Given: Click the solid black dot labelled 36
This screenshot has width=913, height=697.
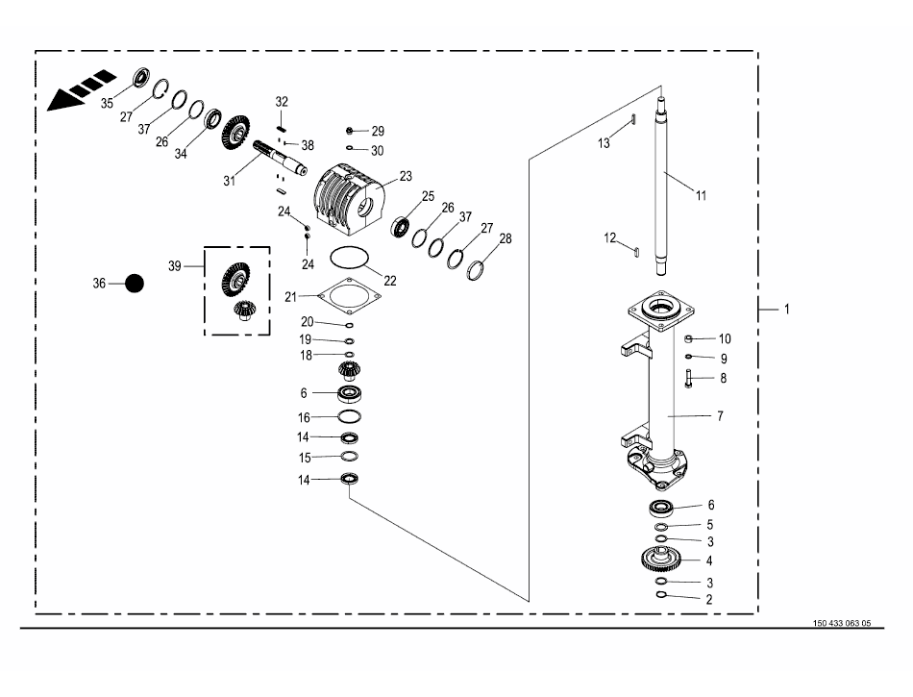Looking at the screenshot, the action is coord(135,284).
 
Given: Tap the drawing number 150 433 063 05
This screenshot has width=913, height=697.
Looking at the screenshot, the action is coord(841,623).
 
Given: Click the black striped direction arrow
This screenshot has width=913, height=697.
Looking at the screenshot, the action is coord(82,89).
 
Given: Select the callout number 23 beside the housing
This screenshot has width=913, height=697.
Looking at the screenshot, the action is coord(406,176).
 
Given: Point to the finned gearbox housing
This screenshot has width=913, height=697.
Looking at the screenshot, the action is coord(348,199).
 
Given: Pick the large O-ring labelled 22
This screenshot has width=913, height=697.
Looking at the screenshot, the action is coord(350,258).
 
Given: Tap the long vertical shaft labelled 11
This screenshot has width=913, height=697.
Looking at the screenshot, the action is coord(662,187).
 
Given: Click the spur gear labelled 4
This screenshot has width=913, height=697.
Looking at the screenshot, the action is coord(662,560).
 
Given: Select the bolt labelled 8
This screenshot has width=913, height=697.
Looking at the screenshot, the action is coord(688,379).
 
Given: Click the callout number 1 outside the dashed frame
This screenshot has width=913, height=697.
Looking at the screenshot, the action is coord(787,310).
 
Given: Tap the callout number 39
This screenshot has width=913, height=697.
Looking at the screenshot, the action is coord(175,266).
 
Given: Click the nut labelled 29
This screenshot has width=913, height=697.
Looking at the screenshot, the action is coord(350,131).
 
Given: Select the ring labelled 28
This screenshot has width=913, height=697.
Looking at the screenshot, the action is coord(476,269).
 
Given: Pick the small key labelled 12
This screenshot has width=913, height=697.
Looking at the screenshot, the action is coord(636,252).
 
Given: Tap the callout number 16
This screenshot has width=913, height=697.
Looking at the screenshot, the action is coord(304,417).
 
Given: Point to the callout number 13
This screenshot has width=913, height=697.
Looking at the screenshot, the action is coord(604,143).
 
